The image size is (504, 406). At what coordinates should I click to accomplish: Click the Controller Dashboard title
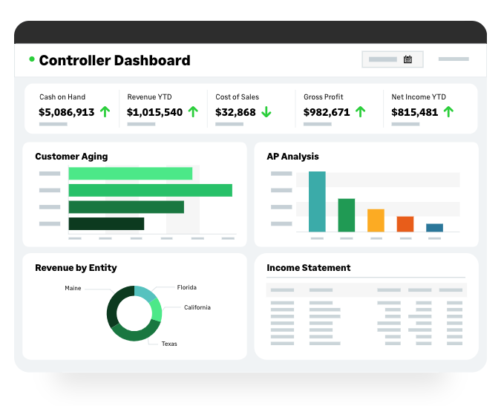pyautogui.click(x=114, y=61)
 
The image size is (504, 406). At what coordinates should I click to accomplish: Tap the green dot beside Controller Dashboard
pyautogui.click(x=32, y=59)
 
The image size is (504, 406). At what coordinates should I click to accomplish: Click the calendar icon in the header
pyautogui.click(x=408, y=59)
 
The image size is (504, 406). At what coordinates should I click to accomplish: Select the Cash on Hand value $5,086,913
pyautogui.click(x=67, y=113)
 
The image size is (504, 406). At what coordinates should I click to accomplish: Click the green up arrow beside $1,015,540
pyautogui.click(x=193, y=112)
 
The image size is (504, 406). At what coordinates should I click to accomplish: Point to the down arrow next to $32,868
pyautogui.click(x=266, y=112)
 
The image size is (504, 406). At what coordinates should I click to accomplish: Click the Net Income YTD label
pyautogui.click(x=419, y=96)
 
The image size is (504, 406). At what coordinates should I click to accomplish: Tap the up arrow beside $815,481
pyautogui.click(x=448, y=112)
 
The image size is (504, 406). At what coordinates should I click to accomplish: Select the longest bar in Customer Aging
pyautogui.click(x=150, y=190)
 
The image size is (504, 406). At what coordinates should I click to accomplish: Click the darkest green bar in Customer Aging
pyautogui.click(x=106, y=223)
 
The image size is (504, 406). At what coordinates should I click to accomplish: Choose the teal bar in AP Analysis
pyautogui.click(x=317, y=201)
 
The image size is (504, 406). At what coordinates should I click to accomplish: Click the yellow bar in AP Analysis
pyautogui.click(x=376, y=220)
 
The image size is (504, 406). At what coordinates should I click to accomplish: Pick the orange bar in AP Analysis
pyautogui.click(x=405, y=224)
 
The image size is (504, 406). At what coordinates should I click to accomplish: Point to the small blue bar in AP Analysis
pyautogui.click(x=434, y=228)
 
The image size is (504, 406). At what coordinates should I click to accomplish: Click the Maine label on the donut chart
pyautogui.click(x=73, y=288)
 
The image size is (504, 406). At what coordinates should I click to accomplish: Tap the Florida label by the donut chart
pyautogui.click(x=186, y=287)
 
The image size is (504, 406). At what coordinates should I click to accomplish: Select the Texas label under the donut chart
pyautogui.click(x=169, y=344)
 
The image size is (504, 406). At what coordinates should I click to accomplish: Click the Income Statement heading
pyautogui.click(x=308, y=268)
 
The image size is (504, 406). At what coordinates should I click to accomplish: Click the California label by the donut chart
pyautogui.click(x=197, y=307)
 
